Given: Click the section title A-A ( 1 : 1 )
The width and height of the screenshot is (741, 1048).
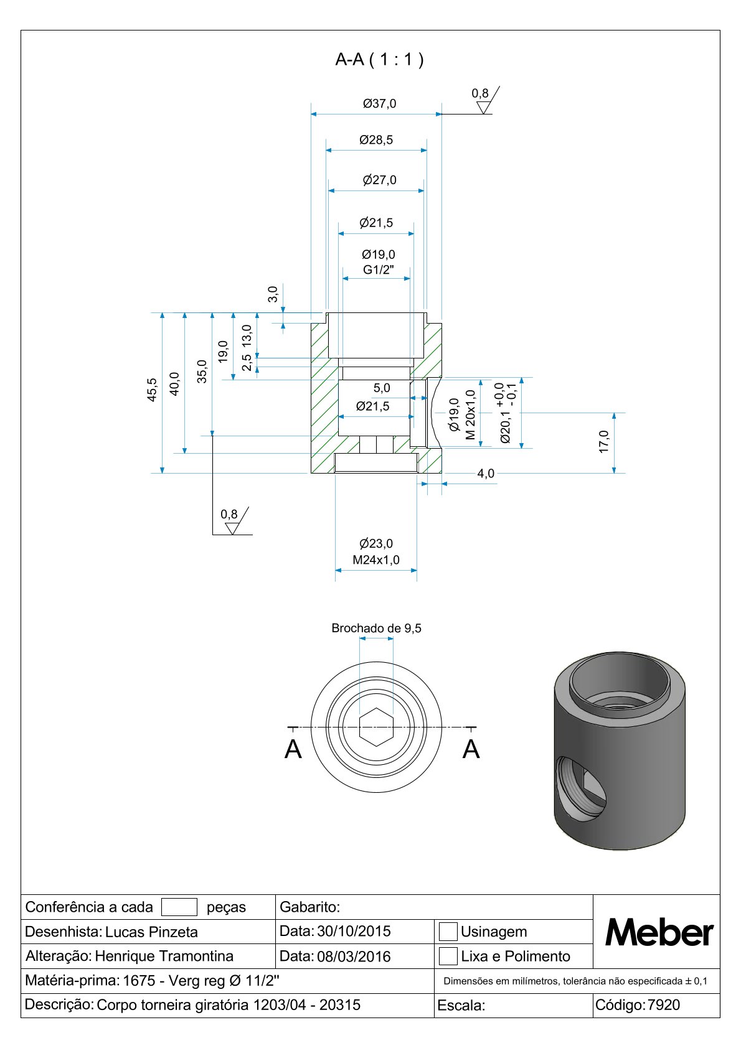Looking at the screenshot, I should point(379,60).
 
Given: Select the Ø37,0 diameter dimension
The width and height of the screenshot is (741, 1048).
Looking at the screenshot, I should point(379,104).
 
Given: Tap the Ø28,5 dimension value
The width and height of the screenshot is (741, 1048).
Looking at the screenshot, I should point(376,140).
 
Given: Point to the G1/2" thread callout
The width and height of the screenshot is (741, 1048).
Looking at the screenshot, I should point(379,270).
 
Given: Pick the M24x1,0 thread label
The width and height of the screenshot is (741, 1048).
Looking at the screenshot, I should point(376,560).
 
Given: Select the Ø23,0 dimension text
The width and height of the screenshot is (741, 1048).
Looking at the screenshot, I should point(376,544).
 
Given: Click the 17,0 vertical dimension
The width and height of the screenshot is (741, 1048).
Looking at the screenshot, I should point(603,441).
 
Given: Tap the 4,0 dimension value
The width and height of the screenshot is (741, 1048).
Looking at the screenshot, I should point(486,474).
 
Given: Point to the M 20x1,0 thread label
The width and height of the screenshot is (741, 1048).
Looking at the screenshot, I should point(470,414).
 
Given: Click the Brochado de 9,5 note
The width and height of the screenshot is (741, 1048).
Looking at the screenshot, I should point(376,629).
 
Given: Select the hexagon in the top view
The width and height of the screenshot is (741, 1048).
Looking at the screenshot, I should point(376,727).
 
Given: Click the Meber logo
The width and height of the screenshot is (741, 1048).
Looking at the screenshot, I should point(659,932).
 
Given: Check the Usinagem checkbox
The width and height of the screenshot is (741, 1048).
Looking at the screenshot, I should point(448,932).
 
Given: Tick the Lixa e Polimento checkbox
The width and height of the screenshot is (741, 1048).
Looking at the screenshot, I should point(448,956).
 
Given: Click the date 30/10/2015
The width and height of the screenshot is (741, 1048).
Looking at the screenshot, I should point(354,932).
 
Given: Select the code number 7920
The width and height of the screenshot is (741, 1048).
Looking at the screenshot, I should point(664,1005).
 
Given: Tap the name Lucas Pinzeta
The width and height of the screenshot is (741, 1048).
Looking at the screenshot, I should point(151,932).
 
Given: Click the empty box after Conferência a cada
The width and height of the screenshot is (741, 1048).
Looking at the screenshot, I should point(179,907).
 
